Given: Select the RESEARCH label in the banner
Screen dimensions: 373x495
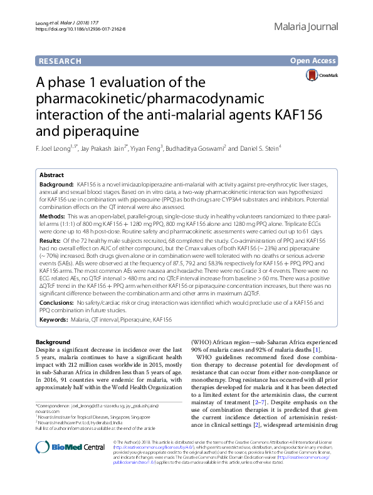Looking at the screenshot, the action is pyautogui.click(x=60, y=61).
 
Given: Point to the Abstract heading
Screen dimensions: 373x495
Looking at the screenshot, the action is pyautogui.click(x=51, y=175).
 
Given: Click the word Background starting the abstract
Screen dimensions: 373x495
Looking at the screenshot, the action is pyautogui.click(x=56, y=186).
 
